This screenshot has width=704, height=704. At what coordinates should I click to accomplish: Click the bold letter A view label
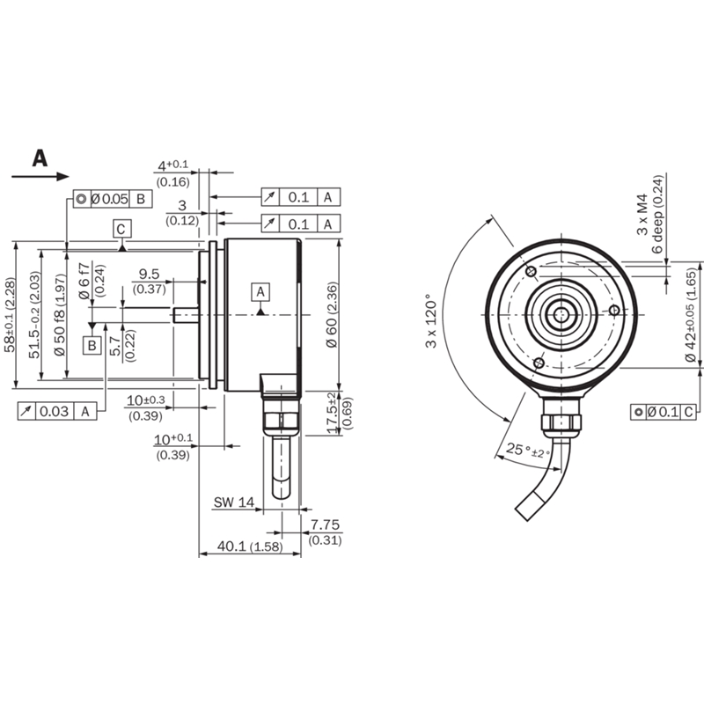tap(40, 158)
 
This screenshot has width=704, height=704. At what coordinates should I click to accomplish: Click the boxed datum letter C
tap(121, 230)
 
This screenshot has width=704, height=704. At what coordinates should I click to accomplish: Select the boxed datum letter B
tap(92, 345)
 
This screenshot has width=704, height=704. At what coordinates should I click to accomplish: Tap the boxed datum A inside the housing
tap(260, 292)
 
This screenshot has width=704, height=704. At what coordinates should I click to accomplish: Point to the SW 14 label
tap(233, 502)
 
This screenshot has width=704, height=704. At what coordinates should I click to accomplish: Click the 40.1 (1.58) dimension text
tap(250, 546)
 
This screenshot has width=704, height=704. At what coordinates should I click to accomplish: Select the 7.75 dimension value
tap(325, 524)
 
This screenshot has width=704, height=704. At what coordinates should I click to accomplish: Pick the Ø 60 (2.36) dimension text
tap(332, 314)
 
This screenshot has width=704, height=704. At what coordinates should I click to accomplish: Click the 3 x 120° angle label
tap(431, 320)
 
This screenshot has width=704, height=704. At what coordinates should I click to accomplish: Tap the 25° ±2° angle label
tap(527, 450)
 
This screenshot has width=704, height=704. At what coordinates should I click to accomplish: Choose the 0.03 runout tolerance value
tap(54, 411)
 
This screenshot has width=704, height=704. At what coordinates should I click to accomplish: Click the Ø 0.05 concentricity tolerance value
tap(110, 199)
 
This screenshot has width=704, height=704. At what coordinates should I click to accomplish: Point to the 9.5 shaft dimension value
tap(149, 274)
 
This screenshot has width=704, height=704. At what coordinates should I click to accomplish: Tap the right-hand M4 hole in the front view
tap(614, 311)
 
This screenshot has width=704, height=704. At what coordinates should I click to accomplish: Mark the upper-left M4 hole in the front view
tap(532, 271)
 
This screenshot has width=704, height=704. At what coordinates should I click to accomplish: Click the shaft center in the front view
tap(561, 315)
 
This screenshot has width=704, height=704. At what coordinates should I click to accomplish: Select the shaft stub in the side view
tap(186, 315)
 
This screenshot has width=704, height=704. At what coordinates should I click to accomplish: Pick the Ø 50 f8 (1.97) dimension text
tap(61, 314)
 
